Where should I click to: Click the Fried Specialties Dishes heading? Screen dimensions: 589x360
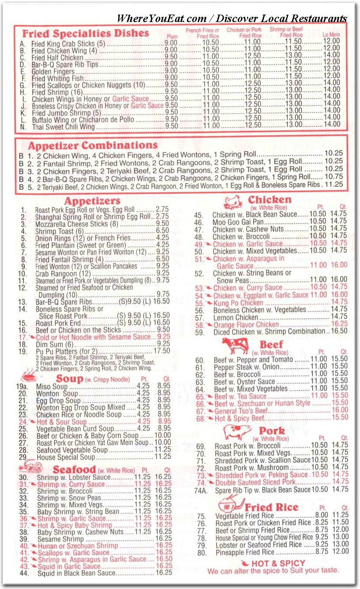(x=85, y=33)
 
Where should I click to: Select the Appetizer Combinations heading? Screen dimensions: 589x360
(x=93, y=146)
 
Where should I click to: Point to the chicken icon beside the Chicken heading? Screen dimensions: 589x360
(x=233, y=202)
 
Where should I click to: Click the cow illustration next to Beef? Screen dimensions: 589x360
(x=235, y=345)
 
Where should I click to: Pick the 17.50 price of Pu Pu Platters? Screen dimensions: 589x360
(x=161, y=351)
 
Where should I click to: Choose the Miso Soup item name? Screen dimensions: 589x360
(x=52, y=387)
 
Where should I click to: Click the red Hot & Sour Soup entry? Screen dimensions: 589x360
(x=61, y=422)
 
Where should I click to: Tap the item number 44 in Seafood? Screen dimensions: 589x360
(x=24, y=573)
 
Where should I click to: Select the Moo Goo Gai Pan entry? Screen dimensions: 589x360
(x=238, y=222)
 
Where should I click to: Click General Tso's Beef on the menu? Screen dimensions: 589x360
(x=241, y=411)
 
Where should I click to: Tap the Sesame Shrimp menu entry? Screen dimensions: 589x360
(x=60, y=539)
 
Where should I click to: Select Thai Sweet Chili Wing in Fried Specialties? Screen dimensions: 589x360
(x=63, y=127)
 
